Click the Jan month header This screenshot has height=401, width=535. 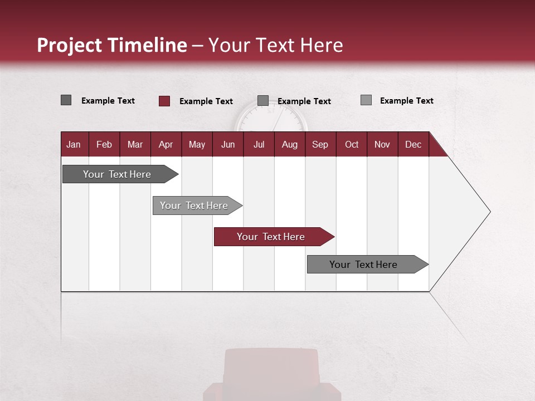pyautogui.click(x=74, y=144)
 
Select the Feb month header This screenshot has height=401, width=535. pyautogui.click(x=104, y=144)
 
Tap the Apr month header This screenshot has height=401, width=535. pyautogui.click(x=166, y=144)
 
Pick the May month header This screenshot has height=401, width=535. pyautogui.click(x=197, y=144)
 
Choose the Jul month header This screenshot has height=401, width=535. pyautogui.click(x=259, y=144)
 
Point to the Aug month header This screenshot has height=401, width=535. pyautogui.click(x=289, y=144)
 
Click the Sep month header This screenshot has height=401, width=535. pyautogui.click(x=320, y=144)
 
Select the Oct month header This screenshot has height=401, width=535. pyautogui.click(x=352, y=144)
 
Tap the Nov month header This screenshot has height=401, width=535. pyautogui.click(x=382, y=144)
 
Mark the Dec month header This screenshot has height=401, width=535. pyautogui.click(x=413, y=144)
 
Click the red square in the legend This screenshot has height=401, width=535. pyautogui.click(x=164, y=101)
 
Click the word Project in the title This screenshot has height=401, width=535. pyautogui.click(x=69, y=45)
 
